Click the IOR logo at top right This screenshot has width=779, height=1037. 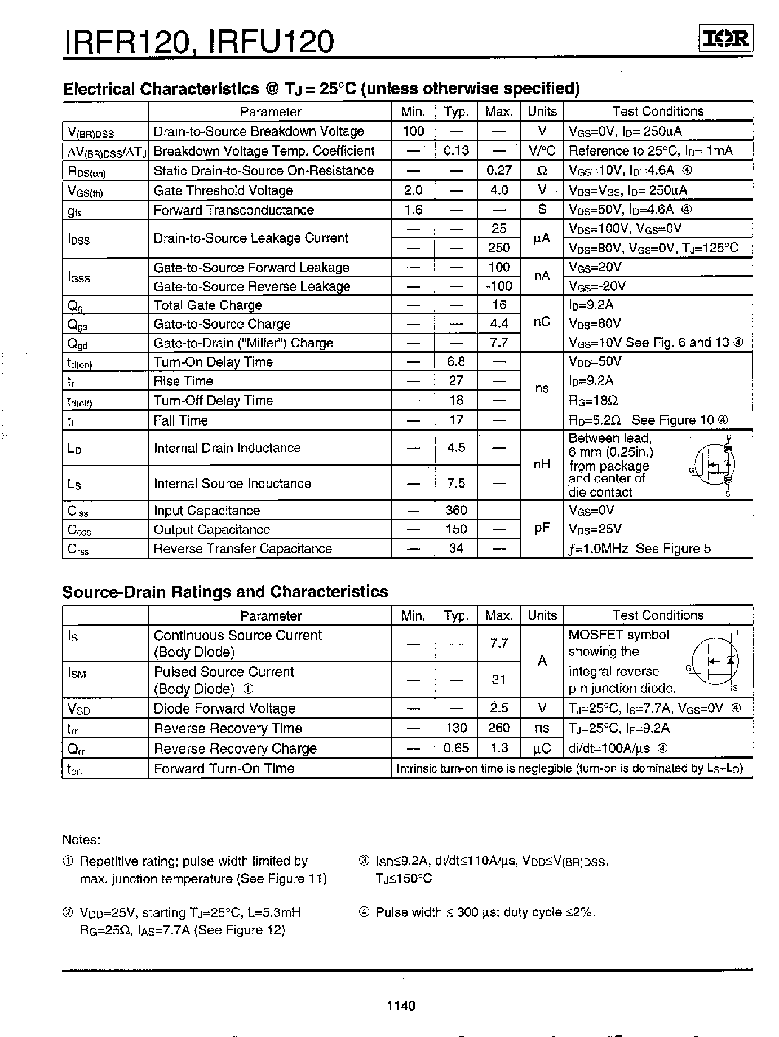click(x=726, y=39)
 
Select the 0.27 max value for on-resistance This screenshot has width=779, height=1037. click(x=499, y=170)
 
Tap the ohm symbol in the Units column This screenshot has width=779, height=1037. click(x=542, y=170)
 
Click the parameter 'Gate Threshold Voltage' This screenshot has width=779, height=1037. click(x=223, y=190)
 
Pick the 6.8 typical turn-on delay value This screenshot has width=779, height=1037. click(x=456, y=362)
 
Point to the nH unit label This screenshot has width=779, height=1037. click(x=542, y=464)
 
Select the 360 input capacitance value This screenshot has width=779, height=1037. click(x=456, y=510)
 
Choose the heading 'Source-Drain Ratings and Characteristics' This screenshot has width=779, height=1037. click(x=225, y=592)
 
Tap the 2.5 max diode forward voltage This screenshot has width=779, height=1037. click(x=499, y=708)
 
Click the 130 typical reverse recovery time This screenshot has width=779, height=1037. click(x=456, y=728)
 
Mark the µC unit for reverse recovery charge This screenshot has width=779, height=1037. click(x=542, y=748)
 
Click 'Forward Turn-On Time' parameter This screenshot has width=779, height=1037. click(x=224, y=769)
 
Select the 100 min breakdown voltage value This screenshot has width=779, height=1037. click(x=413, y=131)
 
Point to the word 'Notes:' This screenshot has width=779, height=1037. click(x=81, y=840)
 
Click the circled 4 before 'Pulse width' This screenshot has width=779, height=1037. click(x=364, y=912)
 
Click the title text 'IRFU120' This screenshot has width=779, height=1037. click(x=271, y=41)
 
